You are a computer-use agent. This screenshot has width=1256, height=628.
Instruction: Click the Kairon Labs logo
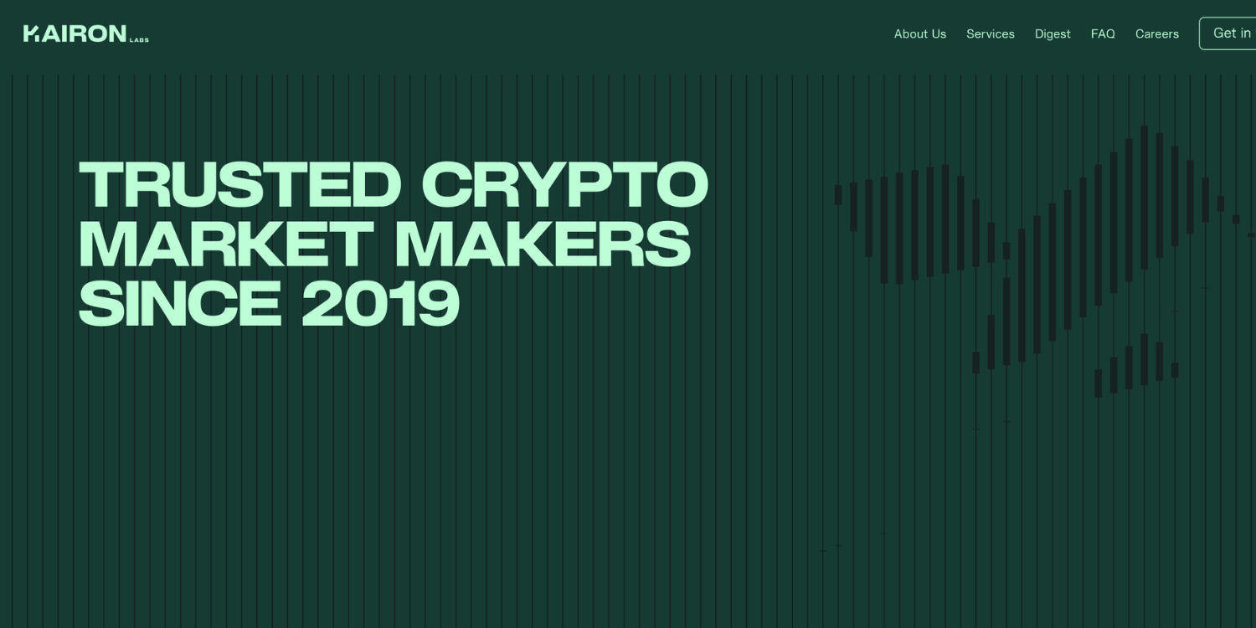coord(85,33)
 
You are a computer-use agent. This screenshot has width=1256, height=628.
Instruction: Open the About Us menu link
coord(919,34)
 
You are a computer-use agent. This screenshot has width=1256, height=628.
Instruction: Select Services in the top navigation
coord(991,34)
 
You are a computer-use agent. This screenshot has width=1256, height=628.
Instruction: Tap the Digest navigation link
coord(1053,34)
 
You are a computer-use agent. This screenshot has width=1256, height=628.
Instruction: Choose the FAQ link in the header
coord(1103,34)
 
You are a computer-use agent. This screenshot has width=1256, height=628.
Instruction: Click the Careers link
coord(1156,34)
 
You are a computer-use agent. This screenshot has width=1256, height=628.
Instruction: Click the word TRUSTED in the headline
coord(240,184)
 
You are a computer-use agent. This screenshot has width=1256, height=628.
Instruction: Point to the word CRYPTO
coord(564,184)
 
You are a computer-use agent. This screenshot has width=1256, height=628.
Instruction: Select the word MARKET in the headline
coord(227,244)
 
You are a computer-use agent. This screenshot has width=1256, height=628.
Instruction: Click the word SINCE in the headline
coord(180,303)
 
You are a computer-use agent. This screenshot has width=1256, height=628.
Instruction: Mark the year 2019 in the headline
coord(381,303)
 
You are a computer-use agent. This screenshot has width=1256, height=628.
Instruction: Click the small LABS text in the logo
coord(139,40)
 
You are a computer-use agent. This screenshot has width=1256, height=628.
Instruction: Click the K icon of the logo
coord(32,33)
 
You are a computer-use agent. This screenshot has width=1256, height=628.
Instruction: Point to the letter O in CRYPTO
coord(682,184)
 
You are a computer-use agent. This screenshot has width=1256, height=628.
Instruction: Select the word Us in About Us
coord(938,34)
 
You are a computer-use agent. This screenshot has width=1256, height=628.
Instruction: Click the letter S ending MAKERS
coord(667,244)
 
